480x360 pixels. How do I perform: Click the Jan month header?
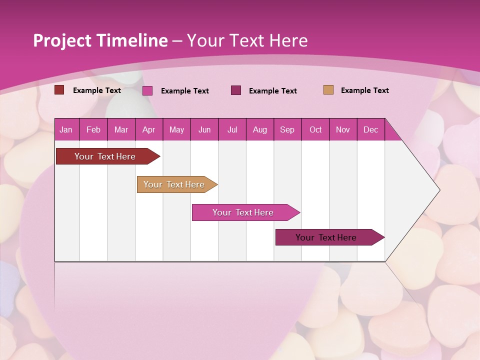[x=66, y=129]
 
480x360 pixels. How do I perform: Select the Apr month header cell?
[x=148, y=129]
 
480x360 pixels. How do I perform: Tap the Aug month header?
[x=259, y=129]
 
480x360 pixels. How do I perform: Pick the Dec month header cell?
[x=370, y=129]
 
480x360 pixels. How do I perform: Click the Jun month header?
[x=204, y=129]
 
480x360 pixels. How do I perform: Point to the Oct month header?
[x=315, y=129]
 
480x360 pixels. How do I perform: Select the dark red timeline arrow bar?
[x=105, y=156]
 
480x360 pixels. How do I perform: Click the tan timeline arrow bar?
[x=174, y=184]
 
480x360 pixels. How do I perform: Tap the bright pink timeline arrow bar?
[x=243, y=212]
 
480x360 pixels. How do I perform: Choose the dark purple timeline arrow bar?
[x=326, y=237]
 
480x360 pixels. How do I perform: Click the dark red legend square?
[x=59, y=90]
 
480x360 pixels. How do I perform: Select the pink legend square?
[x=147, y=90]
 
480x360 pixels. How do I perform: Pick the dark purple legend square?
[x=236, y=90]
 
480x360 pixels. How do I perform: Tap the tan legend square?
[x=328, y=90]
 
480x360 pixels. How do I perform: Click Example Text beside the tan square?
[x=364, y=90]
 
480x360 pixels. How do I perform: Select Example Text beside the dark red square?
[x=96, y=90]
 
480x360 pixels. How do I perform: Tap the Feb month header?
[x=93, y=129]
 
